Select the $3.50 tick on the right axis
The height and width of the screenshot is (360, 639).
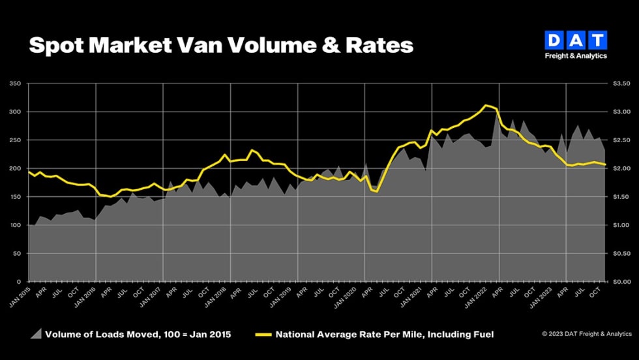point(621,84)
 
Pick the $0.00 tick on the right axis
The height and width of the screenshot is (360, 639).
point(621,282)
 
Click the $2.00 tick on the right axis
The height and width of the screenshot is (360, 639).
point(621,169)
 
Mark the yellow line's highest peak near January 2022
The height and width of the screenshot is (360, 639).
point(485,105)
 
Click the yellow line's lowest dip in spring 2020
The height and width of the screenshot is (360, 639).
point(377,192)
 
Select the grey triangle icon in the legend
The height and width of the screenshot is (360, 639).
point(37,335)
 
